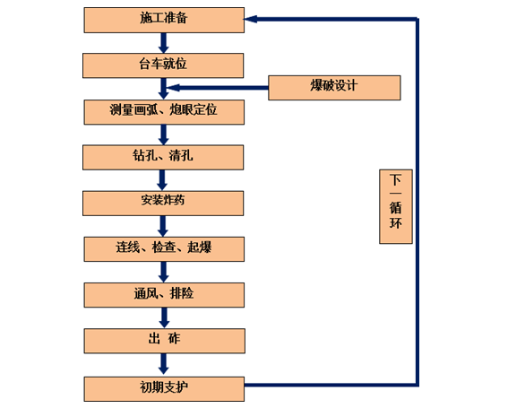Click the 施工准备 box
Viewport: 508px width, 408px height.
(x=164, y=19)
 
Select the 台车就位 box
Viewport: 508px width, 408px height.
(x=164, y=65)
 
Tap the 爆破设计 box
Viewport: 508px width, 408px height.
(x=334, y=87)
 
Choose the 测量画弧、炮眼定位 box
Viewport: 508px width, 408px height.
(x=164, y=110)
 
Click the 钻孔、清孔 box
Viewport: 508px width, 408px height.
(x=164, y=156)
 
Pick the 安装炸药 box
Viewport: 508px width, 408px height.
(x=164, y=202)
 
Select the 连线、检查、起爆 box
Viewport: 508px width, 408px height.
(x=164, y=248)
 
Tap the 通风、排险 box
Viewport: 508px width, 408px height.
(x=164, y=294)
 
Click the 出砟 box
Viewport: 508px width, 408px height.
(x=164, y=341)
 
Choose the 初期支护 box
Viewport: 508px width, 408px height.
(x=164, y=387)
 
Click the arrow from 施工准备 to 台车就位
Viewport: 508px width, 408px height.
(x=164, y=42)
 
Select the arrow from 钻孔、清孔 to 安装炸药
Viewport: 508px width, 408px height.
(x=164, y=179)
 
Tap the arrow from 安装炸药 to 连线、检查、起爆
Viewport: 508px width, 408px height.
(x=164, y=225)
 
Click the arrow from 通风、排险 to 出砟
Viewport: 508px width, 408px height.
(x=164, y=317)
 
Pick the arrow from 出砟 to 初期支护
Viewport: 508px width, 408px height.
(x=164, y=364)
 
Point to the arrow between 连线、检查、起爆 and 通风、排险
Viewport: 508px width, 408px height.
(x=164, y=271)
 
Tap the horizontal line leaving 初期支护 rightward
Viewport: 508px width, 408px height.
(x=331, y=386)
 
